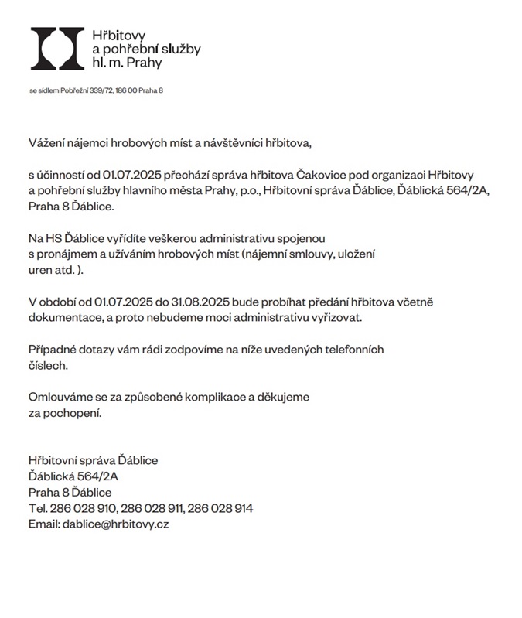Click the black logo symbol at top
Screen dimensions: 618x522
[x=56, y=48]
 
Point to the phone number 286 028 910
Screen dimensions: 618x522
[x=83, y=508]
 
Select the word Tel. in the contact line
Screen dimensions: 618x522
[x=38, y=508]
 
